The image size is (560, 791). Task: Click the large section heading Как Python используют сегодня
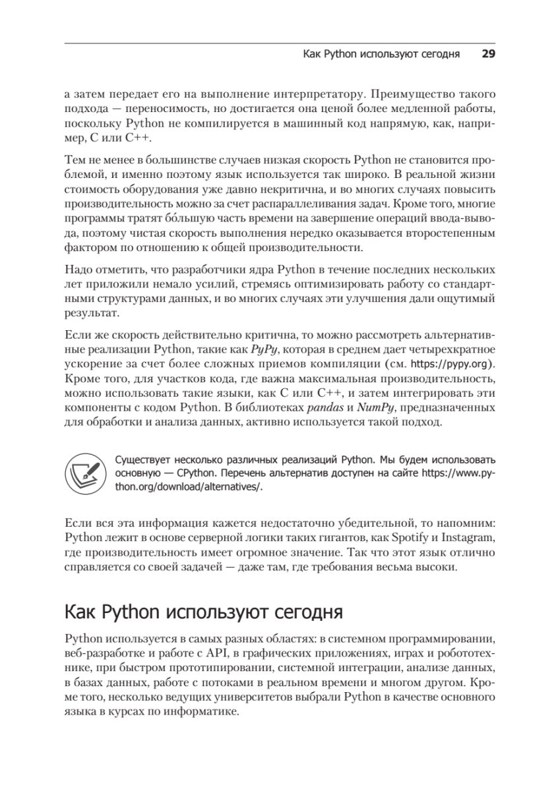[204, 612]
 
